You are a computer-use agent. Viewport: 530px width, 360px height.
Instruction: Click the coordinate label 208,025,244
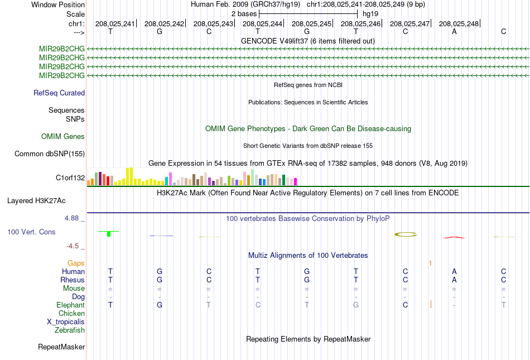point(262,23)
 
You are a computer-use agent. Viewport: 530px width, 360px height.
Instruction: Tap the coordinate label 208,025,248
point(459,23)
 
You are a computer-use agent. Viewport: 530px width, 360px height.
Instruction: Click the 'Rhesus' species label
point(73,280)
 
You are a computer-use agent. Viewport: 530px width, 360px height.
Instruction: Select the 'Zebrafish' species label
point(70,330)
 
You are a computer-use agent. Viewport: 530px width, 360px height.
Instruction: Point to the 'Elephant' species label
point(70,305)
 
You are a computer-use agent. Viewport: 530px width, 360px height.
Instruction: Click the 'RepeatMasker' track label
point(61,347)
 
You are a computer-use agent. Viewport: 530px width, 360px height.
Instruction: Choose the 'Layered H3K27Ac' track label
point(36,201)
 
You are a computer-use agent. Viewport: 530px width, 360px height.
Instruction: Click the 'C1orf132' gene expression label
point(70,178)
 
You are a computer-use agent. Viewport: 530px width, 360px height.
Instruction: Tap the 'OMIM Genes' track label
point(63,136)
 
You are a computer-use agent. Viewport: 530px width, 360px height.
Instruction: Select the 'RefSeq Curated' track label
point(59,93)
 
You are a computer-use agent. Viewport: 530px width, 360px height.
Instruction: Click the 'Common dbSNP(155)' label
point(50,154)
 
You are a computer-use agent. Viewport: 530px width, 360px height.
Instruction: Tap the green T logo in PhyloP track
point(108,233)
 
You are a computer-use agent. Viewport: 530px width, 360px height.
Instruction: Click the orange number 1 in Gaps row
point(430,263)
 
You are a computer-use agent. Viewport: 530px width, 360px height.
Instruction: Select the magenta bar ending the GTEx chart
point(296,182)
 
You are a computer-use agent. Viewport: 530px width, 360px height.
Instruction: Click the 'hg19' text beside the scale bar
point(370,14)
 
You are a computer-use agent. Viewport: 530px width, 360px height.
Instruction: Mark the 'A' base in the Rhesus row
point(454,280)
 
